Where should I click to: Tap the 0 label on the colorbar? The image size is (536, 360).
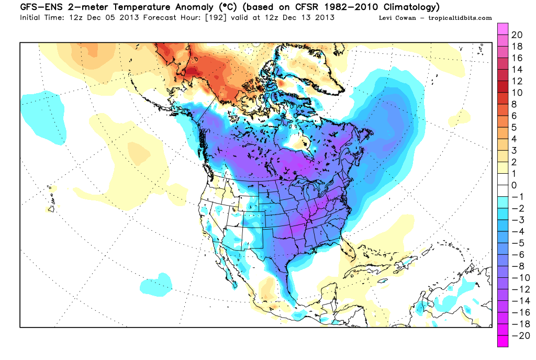pyautogui.click(x=514, y=185)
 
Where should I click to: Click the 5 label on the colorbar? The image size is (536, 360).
pyautogui.click(x=514, y=127)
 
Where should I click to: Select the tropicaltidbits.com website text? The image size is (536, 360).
pyautogui.click(x=460, y=18)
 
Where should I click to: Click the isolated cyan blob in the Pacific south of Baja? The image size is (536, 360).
pyautogui.click(x=157, y=283)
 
